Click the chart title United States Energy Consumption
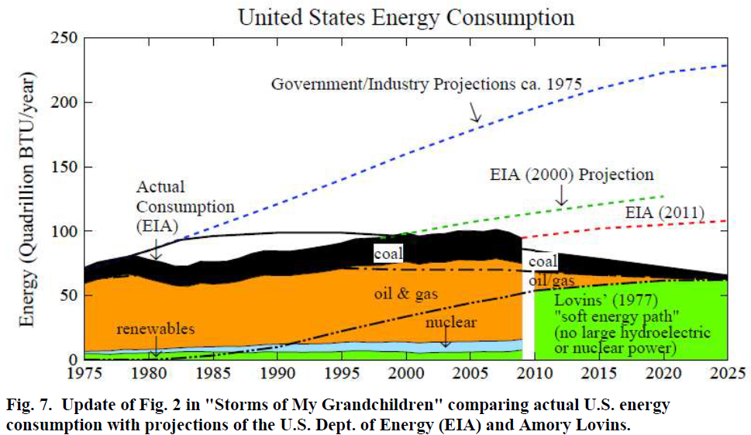click(x=406, y=16)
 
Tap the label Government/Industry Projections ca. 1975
click(x=425, y=83)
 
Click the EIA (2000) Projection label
click(x=572, y=174)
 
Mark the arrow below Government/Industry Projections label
click(x=474, y=112)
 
